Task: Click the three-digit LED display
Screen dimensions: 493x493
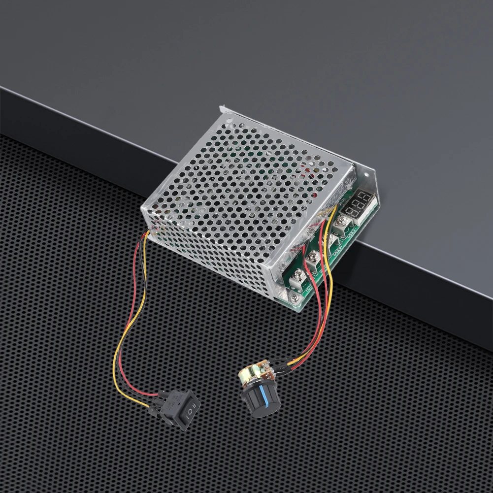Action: tap(358, 201)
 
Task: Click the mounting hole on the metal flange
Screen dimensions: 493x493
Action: tap(366, 173)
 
